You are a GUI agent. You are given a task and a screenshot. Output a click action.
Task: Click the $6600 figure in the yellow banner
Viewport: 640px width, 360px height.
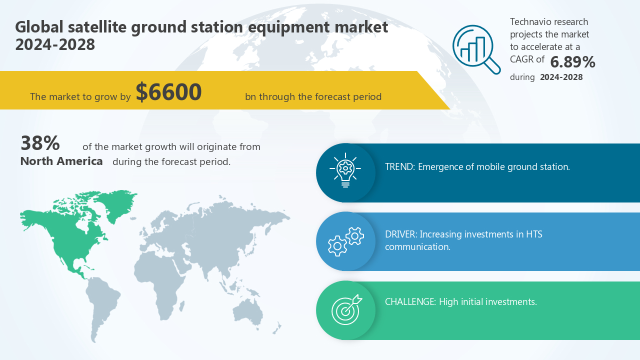(169, 92)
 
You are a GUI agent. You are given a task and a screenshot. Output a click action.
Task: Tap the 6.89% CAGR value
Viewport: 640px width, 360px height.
(572, 62)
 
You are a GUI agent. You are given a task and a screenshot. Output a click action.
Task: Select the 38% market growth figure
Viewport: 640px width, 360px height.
(40, 143)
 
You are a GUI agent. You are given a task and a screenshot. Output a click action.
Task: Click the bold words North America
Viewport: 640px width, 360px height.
(61, 161)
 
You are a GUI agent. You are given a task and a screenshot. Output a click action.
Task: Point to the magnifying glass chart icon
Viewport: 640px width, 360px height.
(476, 49)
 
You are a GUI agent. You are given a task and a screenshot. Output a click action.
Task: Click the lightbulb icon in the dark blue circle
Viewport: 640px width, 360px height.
(345, 170)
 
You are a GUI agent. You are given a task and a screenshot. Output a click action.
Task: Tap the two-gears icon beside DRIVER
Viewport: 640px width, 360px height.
(346, 241)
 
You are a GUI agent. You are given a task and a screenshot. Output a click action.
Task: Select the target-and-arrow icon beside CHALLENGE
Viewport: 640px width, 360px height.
(346, 309)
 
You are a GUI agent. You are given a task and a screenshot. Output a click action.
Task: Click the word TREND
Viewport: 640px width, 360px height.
(399, 166)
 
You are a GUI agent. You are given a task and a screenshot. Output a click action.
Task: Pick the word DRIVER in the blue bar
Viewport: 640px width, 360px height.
(400, 234)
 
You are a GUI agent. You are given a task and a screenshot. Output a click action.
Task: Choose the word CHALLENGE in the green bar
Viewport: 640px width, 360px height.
(409, 301)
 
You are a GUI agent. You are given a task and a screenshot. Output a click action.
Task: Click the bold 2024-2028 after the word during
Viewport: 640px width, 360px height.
(561, 77)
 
